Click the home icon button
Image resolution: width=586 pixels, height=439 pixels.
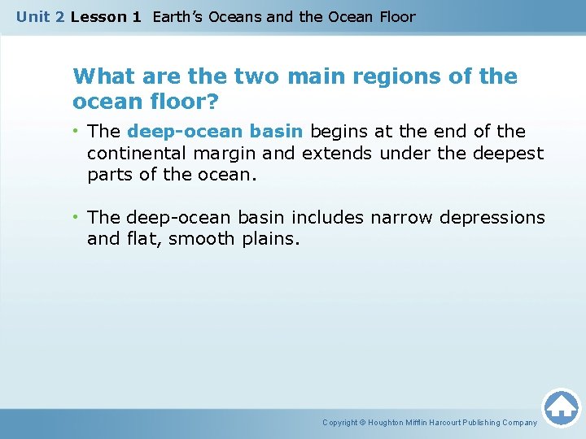[x=561, y=407]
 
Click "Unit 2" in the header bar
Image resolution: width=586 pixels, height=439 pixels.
[x=40, y=17]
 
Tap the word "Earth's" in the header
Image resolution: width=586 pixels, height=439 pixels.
[x=177, y=17]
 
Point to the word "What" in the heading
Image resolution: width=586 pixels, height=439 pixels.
[x=103, y=77]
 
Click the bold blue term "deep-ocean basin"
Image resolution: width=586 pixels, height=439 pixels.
[x=216, y=132]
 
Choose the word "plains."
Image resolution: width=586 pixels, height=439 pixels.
[x=272, y=239]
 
